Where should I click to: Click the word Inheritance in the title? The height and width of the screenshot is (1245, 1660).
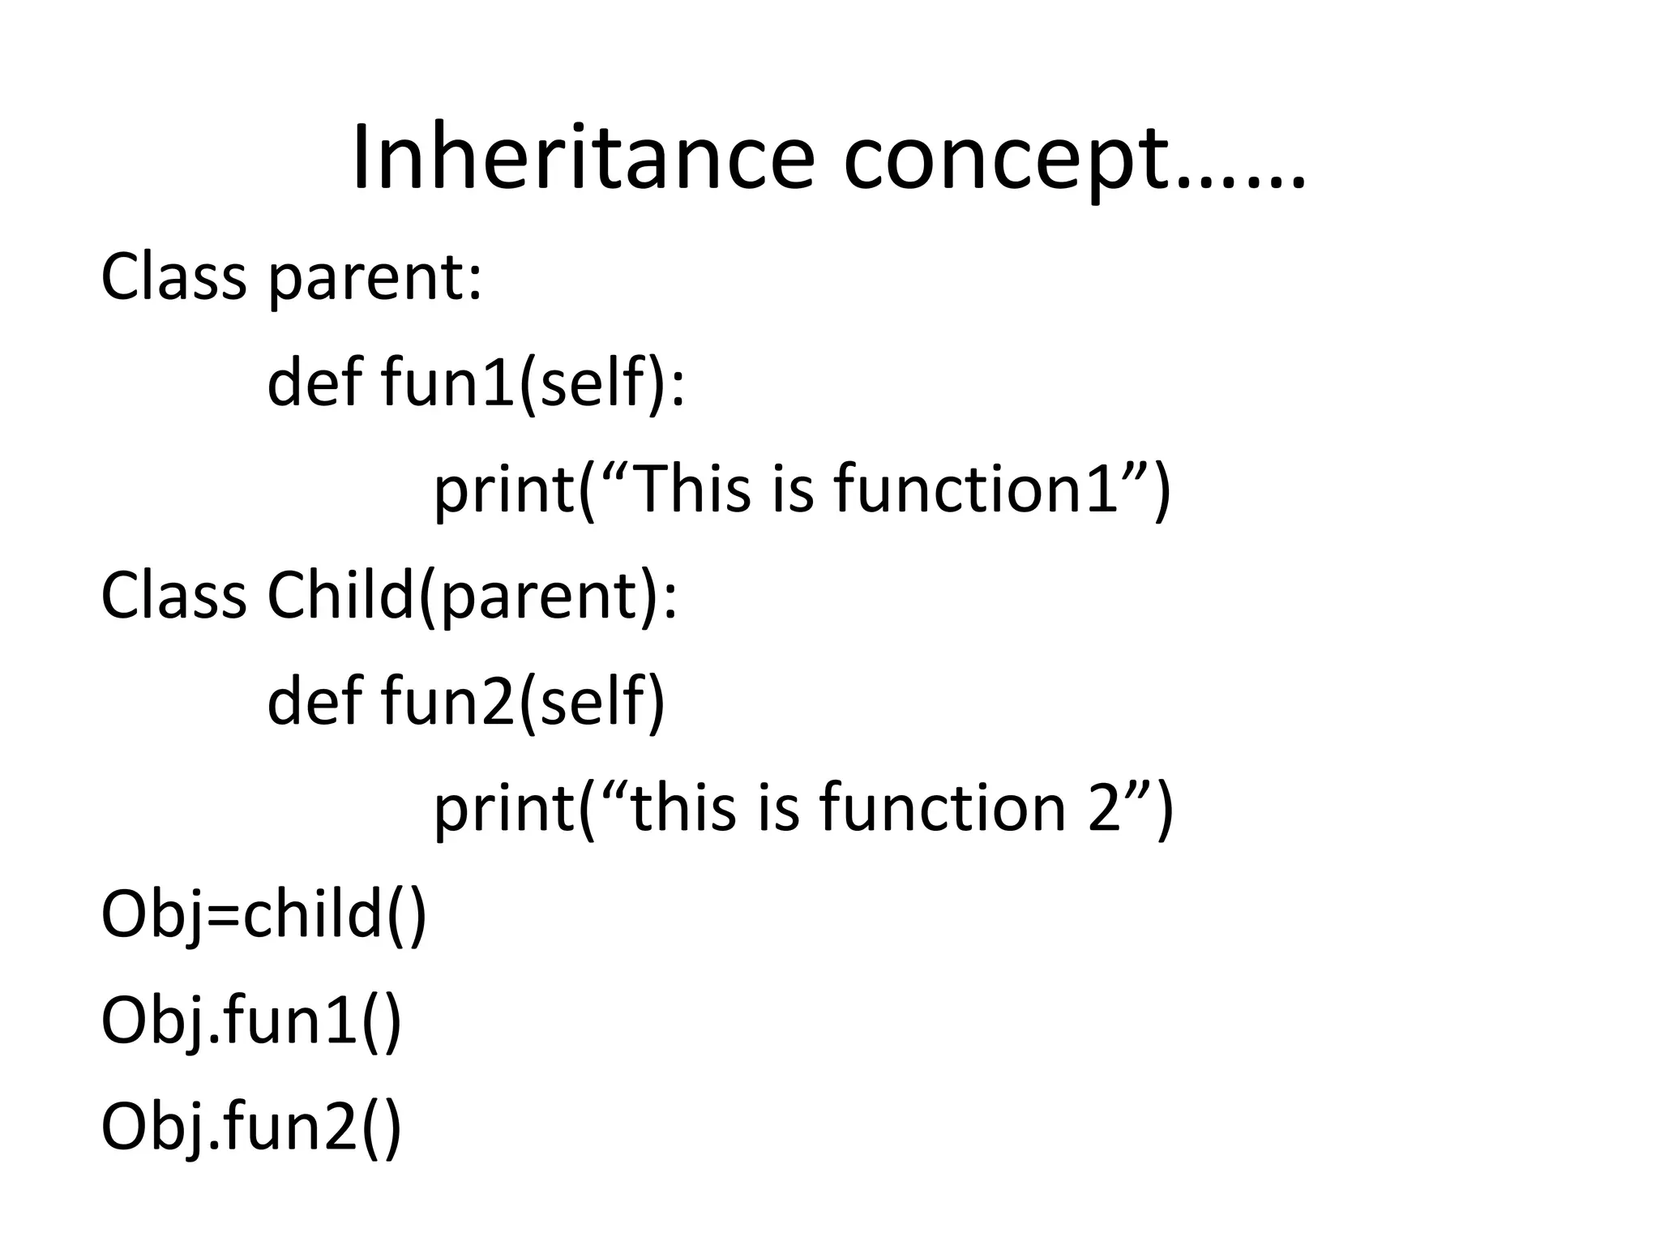tap(583, 158)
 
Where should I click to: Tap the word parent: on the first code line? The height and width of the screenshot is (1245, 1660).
tap(374, 277)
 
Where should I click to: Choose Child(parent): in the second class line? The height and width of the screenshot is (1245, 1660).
tap(471, 596)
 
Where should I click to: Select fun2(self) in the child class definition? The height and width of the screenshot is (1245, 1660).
tap(523, 701)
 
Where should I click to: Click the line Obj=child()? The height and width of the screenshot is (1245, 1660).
tap(263, 913)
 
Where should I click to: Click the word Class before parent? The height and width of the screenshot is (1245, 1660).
tap(173, 277)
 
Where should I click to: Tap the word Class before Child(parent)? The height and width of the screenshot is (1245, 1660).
tap(173, 596)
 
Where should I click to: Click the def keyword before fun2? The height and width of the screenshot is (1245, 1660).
tap(314, 701)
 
